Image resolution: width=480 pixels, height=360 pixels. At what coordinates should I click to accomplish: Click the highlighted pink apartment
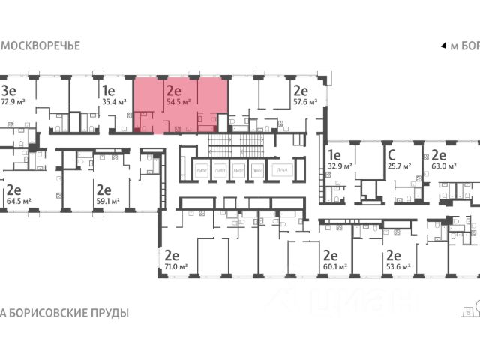coord(181,112)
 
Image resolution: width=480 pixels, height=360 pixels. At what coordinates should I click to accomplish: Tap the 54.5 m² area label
coord(178,104)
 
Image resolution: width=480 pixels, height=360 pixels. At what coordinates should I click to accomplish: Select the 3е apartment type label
coord(10,88)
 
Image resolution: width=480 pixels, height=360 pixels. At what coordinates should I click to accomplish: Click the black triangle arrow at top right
coord(443,46)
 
